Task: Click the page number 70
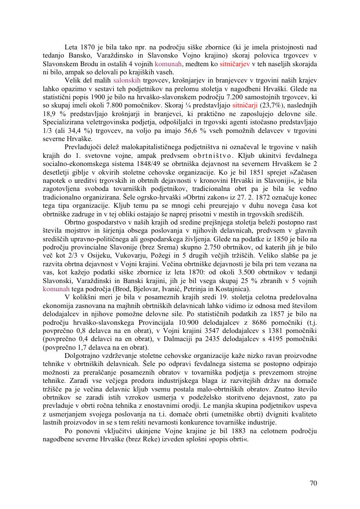(313, 483)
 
